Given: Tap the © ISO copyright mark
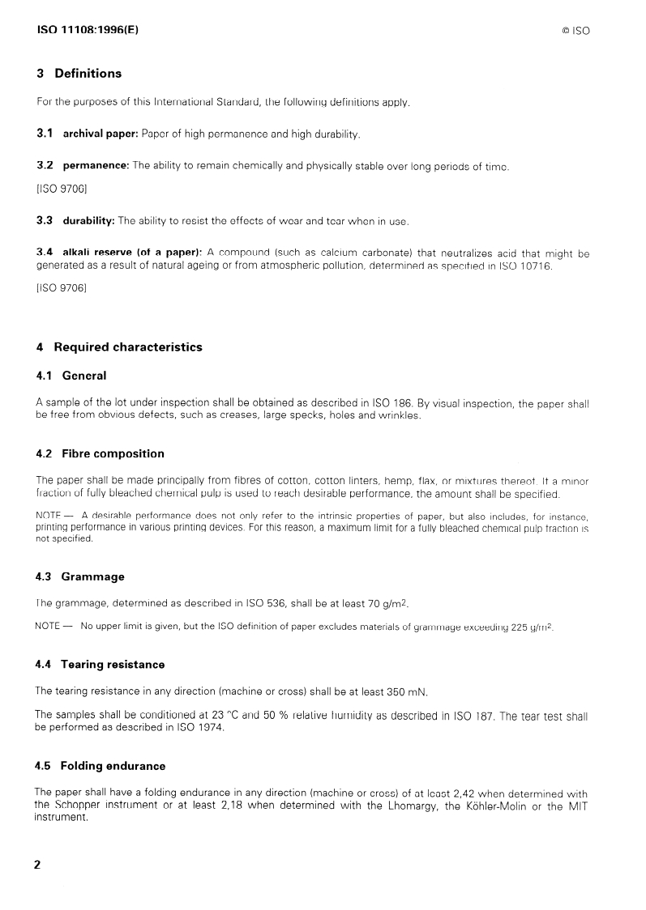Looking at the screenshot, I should click(575, 31).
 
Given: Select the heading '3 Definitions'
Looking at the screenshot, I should click(79, 74).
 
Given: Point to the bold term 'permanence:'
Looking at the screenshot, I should click(96, 166).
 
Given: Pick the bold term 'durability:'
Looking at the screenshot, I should click(88, 221).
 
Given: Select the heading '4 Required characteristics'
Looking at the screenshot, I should click(119, 347).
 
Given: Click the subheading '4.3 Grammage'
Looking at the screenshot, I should click(80, 576).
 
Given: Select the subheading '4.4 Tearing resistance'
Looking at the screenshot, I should click(101, 665).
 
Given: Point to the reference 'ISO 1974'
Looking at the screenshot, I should click(199, 727).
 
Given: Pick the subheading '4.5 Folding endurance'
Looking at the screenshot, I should click(101, 766).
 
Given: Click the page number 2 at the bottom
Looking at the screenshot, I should click(38, 864).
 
